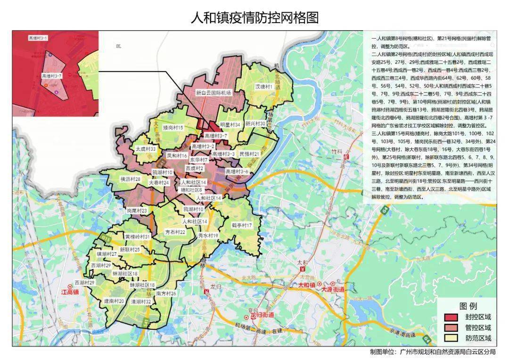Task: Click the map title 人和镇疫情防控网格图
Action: tap(254, 18)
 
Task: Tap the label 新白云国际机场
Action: tap(214, 93)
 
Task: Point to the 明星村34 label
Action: tap(230, 125)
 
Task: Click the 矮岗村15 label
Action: tap(172, 128)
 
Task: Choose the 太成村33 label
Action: tap(146, 148)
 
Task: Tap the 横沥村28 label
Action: tap(130, 179)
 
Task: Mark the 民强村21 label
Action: tap(249, 154)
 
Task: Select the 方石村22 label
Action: tap(175, 232)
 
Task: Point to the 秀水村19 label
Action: tap(208, 235)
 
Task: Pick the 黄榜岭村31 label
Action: tap(137, 237)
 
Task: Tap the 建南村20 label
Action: tap(114, 301)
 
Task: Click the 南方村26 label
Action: tap(166, 294)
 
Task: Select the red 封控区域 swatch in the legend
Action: tap(452, 317)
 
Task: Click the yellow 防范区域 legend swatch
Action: tap(452, 338)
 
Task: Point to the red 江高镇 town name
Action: tap(70, 292)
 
